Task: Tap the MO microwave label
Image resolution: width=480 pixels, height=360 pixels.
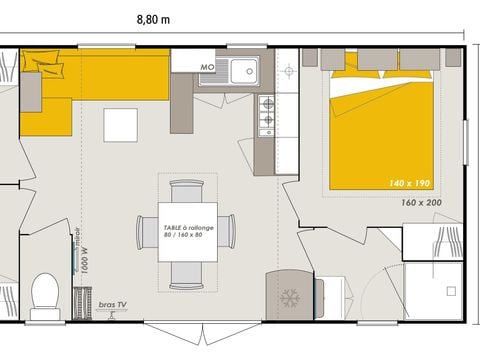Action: [x=208, y=67]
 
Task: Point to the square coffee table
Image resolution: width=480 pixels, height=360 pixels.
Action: [x=121, y=124]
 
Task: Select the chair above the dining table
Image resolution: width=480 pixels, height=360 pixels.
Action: [x=187, y=189]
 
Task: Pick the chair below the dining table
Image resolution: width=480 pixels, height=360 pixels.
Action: [x=186, y=273]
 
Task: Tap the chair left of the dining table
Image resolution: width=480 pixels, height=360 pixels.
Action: [x=146, y=231]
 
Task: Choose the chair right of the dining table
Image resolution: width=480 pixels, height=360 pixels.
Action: [x=227, y=231]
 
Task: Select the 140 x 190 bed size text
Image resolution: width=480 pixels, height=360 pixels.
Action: [x=409, y=183]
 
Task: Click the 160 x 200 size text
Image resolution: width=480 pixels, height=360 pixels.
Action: [x=421, y=202]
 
